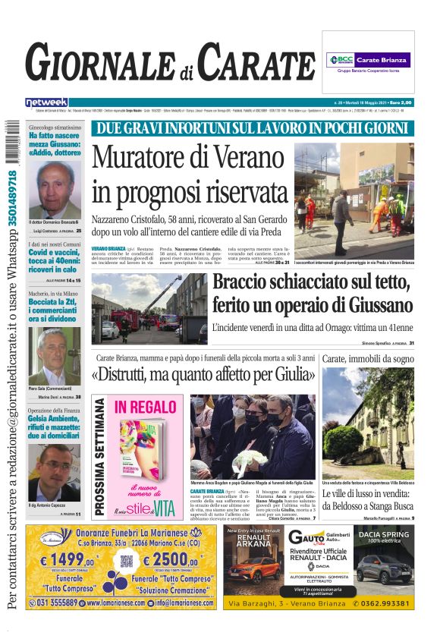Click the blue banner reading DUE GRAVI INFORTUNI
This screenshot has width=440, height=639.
[253, 128]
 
